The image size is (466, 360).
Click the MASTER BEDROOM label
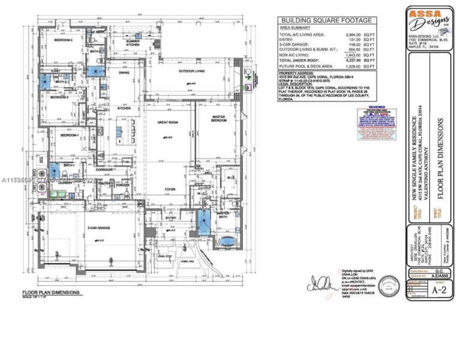(219, 118)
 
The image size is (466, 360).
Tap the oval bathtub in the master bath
(227, 242)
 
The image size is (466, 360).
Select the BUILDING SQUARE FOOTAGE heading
(323, 20)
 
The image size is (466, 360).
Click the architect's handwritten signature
(321, 281)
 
